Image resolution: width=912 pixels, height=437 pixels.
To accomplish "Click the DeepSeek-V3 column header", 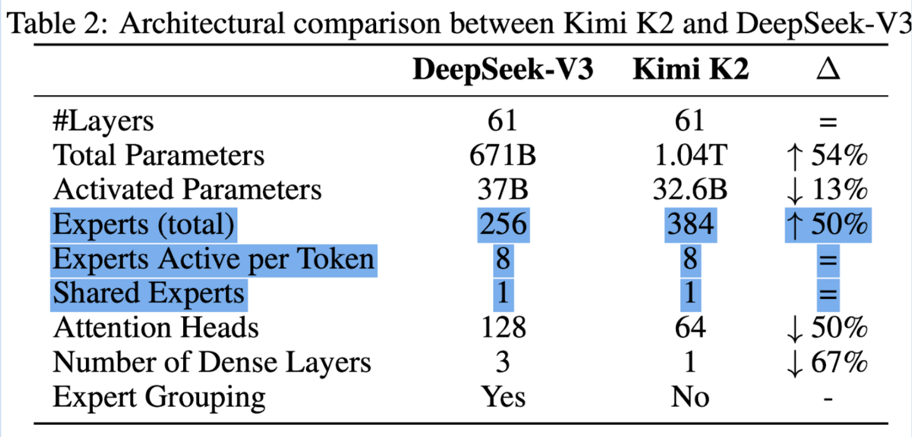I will (x=503, y=71).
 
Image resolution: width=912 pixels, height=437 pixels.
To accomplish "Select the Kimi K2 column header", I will (x=691, y=71).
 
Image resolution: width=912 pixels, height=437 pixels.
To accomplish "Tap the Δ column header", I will (x=828, y=71).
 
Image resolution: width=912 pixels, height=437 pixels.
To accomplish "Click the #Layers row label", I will (x=103, y=121).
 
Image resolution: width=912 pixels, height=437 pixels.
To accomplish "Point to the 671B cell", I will (x=503, y=155).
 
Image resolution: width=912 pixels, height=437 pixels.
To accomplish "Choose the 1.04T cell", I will (x=691, y=155).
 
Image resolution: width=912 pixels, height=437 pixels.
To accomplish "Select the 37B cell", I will (x=503, y=190).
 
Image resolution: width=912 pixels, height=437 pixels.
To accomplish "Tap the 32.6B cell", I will (x=691, y=190).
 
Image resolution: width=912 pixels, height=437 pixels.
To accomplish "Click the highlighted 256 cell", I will (x=503, y=225).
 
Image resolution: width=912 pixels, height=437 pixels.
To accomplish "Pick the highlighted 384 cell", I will (x=691, y=225).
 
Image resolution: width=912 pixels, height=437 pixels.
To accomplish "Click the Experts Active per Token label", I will (x=213, y=260).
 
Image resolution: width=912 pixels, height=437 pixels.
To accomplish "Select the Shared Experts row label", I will (x=149, y=293).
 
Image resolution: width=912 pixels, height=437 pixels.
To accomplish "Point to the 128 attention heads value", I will (x=503, y=327).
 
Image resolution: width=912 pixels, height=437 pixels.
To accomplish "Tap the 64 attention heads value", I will (x=691, y=327).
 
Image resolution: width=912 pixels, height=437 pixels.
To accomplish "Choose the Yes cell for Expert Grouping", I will (x=503, y=397).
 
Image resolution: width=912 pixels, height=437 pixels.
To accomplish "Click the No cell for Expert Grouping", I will (x=691, y=397).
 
